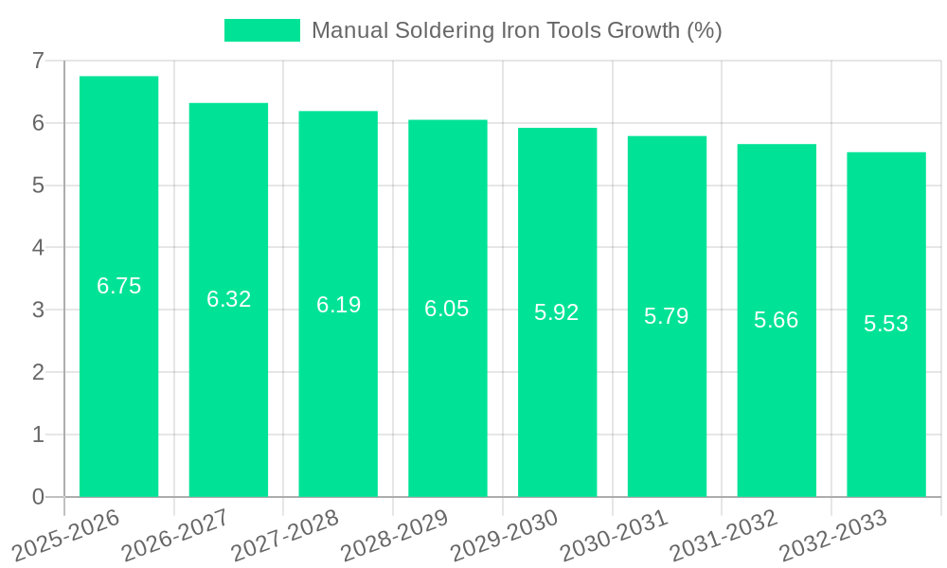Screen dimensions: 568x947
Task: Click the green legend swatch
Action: (261, 30)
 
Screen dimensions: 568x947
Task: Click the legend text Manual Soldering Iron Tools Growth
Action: (516, 30)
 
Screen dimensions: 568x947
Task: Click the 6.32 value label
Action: (228, 299)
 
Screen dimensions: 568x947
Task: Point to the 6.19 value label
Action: (338, 305)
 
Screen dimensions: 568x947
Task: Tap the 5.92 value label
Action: (557, 312)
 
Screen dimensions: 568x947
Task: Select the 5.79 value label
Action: (667, 316)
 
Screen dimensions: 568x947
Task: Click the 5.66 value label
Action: (777, 320)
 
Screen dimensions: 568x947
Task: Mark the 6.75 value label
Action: (118, 286)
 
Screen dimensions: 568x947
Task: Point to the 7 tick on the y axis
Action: (38, 61)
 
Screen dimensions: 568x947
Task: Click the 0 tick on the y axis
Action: (38, 497)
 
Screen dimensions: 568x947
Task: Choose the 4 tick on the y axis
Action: (38, 248)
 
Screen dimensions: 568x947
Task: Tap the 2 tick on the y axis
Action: (38, 372)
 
